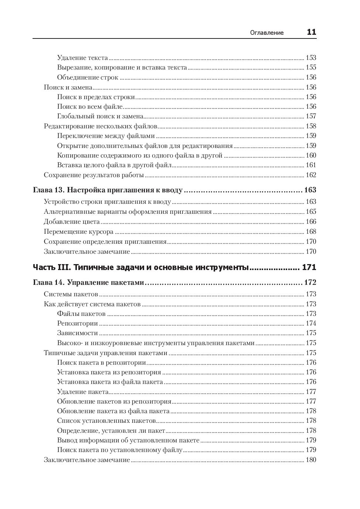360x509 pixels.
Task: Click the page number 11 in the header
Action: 311,32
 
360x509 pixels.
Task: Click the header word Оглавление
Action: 267,33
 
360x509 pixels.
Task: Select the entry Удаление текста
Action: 82,58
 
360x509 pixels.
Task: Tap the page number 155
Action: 311,67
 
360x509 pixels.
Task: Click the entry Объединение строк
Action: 88,77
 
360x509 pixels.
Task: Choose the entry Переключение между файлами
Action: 106,136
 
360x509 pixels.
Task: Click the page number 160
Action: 311,155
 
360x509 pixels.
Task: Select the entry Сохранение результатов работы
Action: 94,175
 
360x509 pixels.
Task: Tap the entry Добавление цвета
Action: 72,222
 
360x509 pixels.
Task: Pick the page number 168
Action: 311,232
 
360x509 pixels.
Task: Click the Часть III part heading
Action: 140,267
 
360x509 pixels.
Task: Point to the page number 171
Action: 309,267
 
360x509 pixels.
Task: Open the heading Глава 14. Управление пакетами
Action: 88,283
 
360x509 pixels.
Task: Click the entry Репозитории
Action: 77,323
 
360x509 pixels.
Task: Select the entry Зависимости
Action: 77,333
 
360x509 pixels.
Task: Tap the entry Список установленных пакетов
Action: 106,421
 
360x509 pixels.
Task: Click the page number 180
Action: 311,460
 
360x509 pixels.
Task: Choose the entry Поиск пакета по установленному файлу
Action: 120,450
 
